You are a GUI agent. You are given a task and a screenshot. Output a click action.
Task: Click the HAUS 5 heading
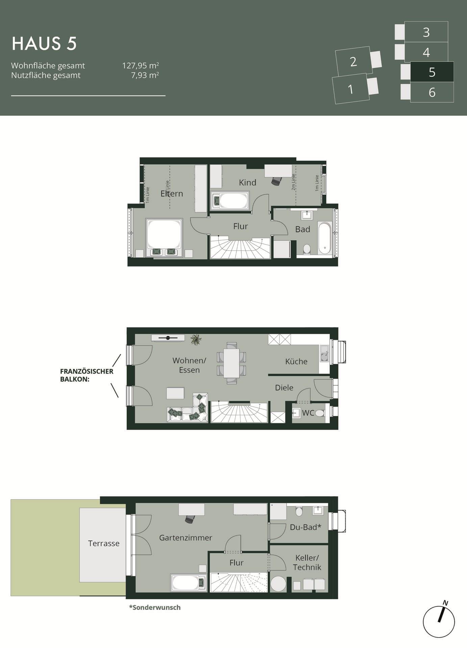(x=44, y=44)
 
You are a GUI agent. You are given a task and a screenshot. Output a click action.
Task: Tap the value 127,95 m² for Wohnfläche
(x=141, y=65)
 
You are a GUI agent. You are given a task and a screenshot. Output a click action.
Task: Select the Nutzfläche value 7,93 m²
(x=145, y=75)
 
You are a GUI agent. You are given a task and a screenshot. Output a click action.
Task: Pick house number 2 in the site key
(x=353, y=62)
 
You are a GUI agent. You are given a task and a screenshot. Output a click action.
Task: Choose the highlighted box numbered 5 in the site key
(x=432, y=72)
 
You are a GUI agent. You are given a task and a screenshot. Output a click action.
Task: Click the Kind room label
(x=247, y=183)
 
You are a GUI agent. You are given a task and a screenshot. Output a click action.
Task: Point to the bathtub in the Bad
(x=325, y=238)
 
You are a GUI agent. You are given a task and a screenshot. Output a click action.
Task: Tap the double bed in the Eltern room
(x=164, y=238)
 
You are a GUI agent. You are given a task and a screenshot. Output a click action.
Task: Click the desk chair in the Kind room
(x=276, y=181)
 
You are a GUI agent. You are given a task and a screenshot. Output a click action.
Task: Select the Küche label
(x=296, y=361)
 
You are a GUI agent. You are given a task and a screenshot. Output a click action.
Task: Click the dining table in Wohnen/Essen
(x=231, y=363)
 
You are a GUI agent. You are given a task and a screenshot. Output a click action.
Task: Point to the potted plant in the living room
(x=196, y=340)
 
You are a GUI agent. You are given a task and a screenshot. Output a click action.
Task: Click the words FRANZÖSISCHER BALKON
(x=87, y=375)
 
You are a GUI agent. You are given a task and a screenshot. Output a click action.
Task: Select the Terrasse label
(x=104, y=543)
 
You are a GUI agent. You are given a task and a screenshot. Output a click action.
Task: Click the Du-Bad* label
(x=305, y=527)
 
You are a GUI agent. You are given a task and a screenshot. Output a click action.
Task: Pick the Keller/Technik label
(x=307, y=563)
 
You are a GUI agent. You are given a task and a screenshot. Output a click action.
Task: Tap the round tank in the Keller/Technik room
(x=278, y=584)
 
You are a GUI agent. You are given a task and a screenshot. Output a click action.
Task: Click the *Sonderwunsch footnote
(x=155, y=607)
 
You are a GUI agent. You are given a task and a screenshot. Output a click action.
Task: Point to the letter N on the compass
(x=445, y=603)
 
